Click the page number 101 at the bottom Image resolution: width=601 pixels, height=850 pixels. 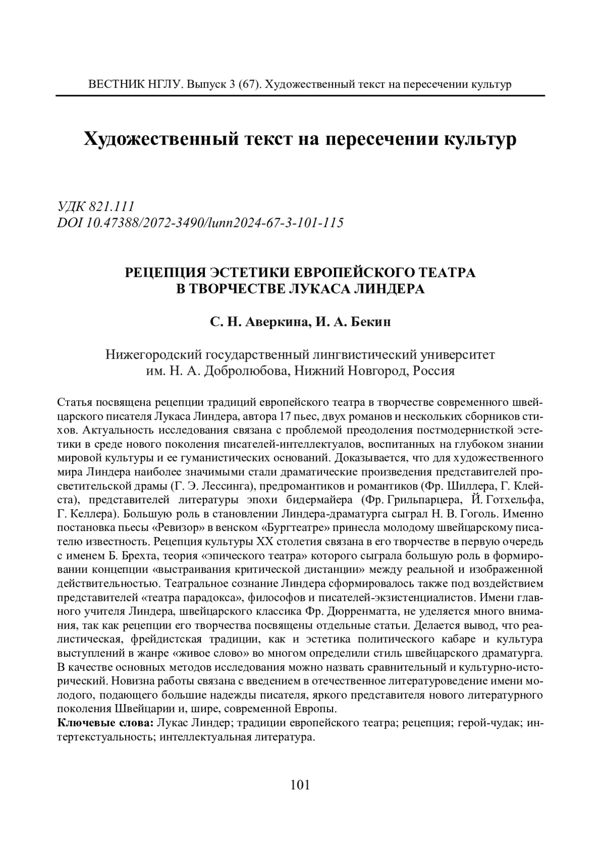(300, 785)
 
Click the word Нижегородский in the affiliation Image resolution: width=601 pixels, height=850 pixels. (153, 355)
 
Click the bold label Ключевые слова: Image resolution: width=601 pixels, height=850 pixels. (106, 723)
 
